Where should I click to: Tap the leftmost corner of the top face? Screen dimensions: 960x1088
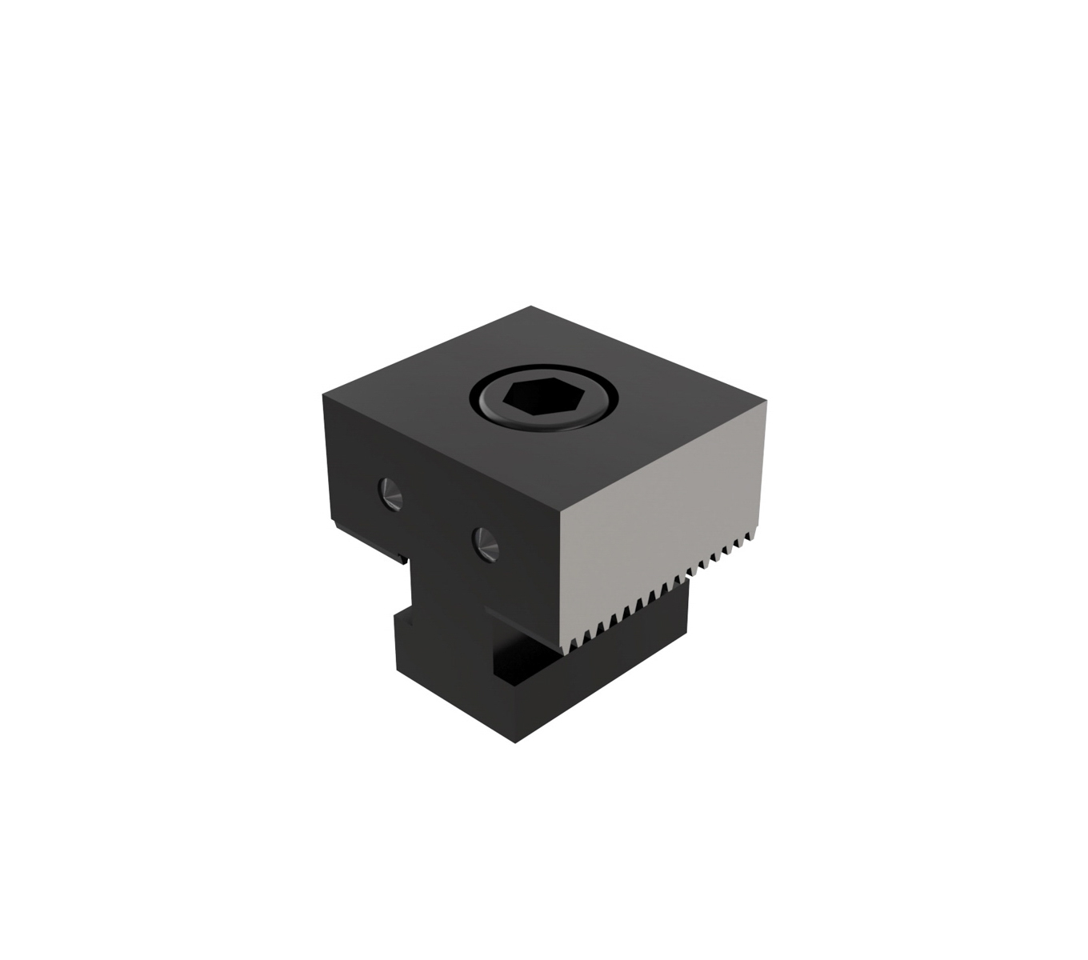tap(324, 394)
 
